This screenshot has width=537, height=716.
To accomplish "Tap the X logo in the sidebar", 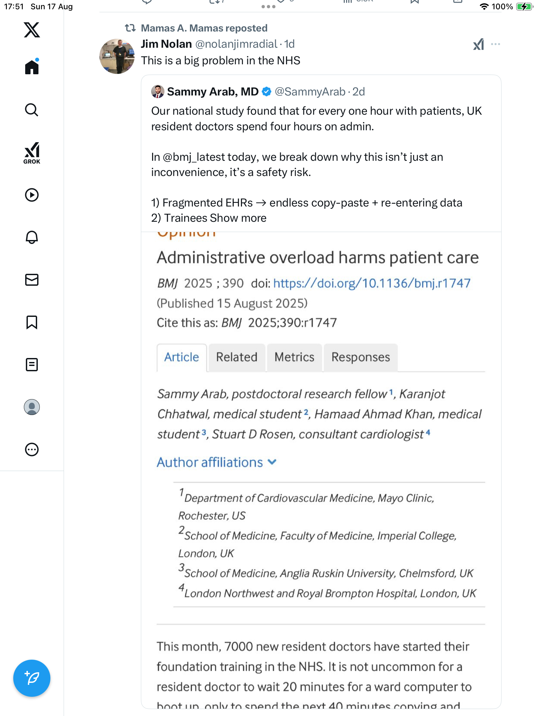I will point(32,30).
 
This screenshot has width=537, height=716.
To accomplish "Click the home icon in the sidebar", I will point(32,67).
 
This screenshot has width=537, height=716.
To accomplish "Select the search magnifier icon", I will point(32,110).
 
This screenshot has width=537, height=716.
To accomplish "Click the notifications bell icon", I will point(32,237).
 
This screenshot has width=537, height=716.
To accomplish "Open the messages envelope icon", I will point(32,280).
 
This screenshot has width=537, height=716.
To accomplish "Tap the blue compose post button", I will point(32,678).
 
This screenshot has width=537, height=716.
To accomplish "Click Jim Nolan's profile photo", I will point(117,56).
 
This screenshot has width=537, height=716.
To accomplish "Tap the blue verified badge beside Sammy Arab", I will point(267,92).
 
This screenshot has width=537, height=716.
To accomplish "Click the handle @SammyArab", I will point(310,92).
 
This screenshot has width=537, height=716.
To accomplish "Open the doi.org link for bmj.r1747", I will point(372,283).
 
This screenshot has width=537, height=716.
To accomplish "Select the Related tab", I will point(237,357).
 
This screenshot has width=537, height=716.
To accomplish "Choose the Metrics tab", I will point(294,357).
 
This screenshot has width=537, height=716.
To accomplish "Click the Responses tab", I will point(361,357).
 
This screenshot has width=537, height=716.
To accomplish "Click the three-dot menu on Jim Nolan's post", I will point(496,44).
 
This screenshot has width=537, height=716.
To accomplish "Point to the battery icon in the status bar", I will point(524,7).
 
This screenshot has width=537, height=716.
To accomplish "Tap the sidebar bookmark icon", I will point(32,322).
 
